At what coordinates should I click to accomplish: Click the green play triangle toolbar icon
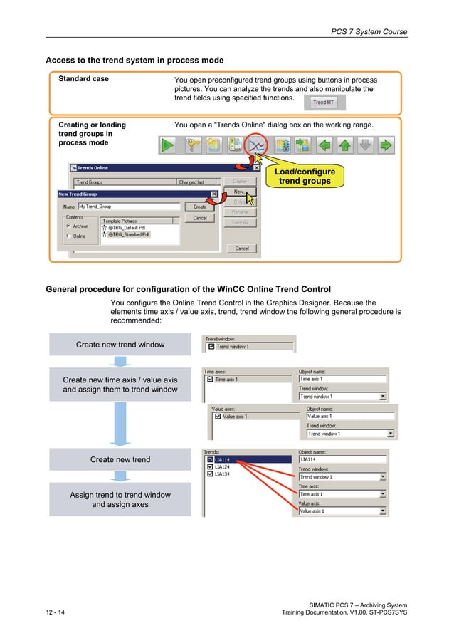(167, 146)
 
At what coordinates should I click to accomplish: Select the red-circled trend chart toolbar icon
(256, 146)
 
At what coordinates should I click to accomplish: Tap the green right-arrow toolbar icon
(385, 146)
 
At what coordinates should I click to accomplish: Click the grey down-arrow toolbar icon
(364, 146)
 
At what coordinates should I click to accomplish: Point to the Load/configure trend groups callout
(305, 177)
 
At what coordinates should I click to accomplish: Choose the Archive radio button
(69, 226)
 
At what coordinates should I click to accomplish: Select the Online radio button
(69, 236)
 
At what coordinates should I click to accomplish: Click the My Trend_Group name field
(128, 207)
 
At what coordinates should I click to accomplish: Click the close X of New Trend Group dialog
(213, 194)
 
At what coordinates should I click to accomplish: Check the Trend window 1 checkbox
(211, 347)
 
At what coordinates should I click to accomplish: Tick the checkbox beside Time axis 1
(210, 380)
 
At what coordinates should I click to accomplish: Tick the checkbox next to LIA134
(210, 474)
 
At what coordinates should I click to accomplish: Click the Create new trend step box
(120, 460)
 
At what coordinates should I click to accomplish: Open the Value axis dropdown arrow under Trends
(383, 511)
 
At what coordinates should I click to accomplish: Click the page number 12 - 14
(55, 613)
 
